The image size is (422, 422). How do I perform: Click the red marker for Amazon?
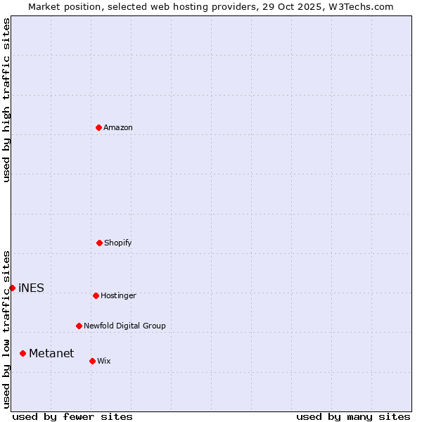point(98,127)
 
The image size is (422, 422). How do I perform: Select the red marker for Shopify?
point(99,243)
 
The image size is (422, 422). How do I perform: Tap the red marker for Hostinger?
point(96,295)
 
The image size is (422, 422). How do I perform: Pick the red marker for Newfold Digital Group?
point(79,326)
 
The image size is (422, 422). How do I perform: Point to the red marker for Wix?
point(92,361)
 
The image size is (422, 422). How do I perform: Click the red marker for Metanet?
point(23,353)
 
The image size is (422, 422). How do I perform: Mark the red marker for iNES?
point(12,288)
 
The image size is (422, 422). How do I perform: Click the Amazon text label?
point(118,127)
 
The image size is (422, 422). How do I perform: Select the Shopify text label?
point(118,243)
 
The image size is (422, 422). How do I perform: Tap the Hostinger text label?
point(118,295)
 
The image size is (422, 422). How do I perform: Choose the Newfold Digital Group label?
point(124,326)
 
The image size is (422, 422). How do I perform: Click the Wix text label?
point(104,361)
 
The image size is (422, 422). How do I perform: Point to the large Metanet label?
point(51,353)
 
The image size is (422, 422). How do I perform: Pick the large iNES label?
point(31,288)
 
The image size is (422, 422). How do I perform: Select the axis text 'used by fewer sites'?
point(72,416)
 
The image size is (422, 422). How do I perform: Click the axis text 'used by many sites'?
point(353,416)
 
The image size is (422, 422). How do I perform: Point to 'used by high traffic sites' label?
point(6,100)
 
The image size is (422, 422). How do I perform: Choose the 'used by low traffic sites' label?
point(6,329)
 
